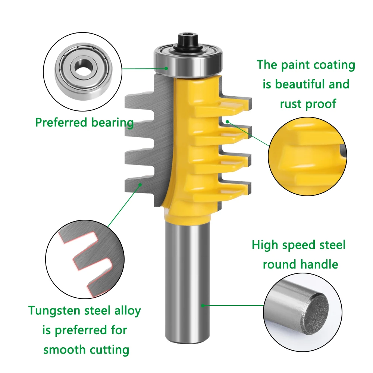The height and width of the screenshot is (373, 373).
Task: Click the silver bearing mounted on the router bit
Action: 188,62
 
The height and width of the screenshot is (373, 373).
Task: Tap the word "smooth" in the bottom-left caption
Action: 63,350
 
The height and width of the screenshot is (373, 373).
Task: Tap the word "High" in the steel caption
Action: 265,245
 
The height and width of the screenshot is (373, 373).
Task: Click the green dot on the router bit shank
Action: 203,305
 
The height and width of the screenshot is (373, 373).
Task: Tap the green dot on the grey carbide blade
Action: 140,184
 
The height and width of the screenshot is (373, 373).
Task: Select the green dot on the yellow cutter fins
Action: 227,121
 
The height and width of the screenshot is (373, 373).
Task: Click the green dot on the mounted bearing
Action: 167,68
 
